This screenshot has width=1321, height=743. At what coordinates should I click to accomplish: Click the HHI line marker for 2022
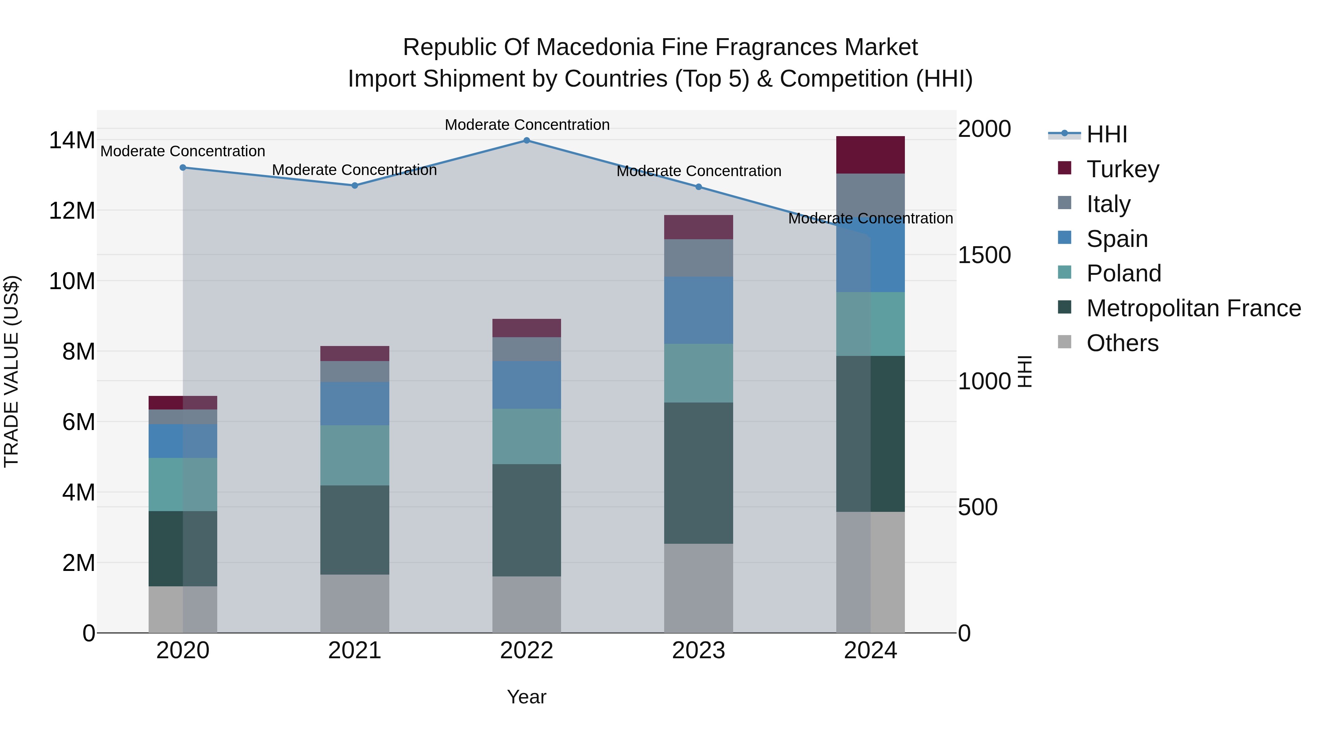pyautogui.click(x=527, y=141)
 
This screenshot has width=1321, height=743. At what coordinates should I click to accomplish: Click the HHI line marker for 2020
pyautogui.click(x=183, y=168)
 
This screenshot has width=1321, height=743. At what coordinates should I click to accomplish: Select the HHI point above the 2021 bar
pyautogui.click(x=355, y=186)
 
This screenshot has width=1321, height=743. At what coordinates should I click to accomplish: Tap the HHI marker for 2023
pyautogui.click(x=698, y=187)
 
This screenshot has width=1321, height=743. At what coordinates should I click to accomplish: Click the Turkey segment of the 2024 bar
pyautogui.click(x=870, y=155)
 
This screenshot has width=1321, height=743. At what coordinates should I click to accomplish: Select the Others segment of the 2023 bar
pyautogui.click(x=698, y=588)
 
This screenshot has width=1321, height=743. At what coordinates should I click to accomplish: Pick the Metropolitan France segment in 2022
pyautogui.click(x=527, y=520)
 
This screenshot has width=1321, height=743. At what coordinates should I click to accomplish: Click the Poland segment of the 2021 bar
pyautogui.click(x=355, y=455)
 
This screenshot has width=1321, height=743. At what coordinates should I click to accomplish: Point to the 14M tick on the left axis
pyautogui.click(x=72, y=141)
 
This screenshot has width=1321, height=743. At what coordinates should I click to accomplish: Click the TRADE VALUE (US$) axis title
pyautogui.click(x=11, y=371)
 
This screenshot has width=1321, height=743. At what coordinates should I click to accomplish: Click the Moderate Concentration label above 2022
pyautogui.click(x=527, y=125)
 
